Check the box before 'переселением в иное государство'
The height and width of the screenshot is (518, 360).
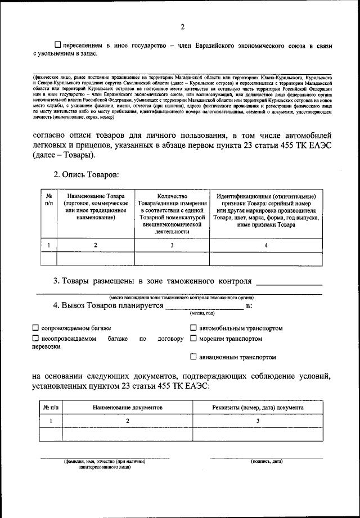coord(57,44)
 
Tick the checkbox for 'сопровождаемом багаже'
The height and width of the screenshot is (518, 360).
coord(35,328)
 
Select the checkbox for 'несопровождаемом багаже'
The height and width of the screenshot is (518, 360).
coord(35,339)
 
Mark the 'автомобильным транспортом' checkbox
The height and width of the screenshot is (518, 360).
coord(193,328)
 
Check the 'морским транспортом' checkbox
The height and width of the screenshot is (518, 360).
coord(193,339)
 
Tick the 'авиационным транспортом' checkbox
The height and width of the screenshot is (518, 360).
coord(193,357)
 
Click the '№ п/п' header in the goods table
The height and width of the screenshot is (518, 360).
coord(49,199)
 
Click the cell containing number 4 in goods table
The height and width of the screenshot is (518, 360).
coord(267,245)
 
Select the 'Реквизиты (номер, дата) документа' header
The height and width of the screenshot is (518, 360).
coord(258,407)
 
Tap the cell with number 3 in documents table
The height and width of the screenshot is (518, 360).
coord(258,421)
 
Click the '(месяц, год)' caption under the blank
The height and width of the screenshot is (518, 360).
coord(204,313)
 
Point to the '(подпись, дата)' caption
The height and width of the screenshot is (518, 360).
coord(267,461)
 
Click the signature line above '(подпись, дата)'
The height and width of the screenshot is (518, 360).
coord(267,456)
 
